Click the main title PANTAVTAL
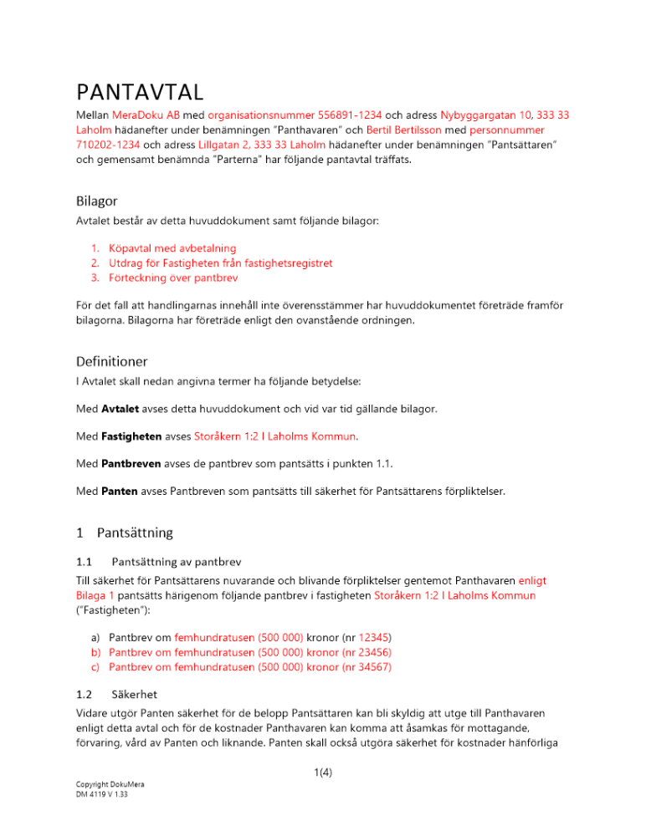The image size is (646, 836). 141,90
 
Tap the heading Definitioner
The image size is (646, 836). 112,361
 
